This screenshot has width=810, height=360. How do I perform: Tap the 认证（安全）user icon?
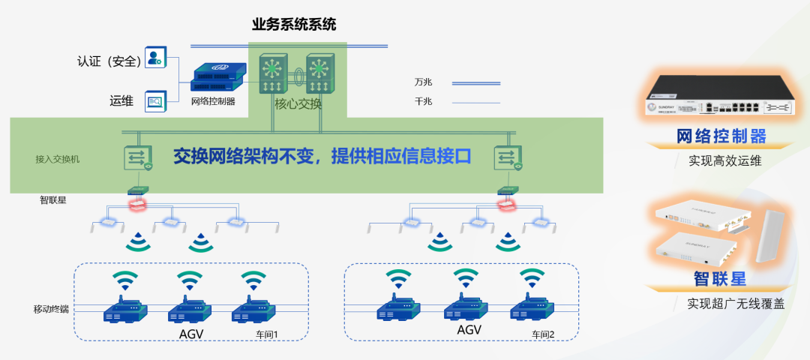pos(155,58)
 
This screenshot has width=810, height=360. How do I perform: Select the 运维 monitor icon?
pos(155,100)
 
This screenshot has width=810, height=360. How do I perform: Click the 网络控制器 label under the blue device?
pos(213,101)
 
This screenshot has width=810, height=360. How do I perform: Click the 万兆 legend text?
pos(423,82)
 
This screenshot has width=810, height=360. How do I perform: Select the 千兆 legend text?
pos(423,101)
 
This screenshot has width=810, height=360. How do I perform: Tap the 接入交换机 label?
pos(58,159)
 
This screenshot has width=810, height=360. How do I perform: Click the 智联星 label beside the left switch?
pos(55,200)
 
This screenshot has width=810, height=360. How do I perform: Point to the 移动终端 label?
pos(51,308)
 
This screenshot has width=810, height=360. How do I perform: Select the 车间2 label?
pos(543,334)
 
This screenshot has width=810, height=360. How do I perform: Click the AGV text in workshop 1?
pos(191,334)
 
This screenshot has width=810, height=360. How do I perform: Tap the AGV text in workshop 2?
pos(469,330)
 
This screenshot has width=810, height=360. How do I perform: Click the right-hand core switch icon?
pos(320,73)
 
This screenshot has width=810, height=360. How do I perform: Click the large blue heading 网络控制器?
pos(721,136)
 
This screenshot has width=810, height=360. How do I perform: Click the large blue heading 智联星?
pos(720,279)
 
